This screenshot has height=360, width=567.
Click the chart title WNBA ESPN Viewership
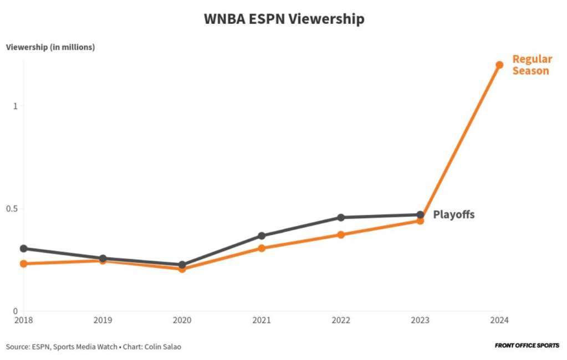point(284,19)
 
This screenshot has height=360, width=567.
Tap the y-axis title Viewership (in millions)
point(50,47)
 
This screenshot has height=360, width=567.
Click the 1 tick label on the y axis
point(16,106)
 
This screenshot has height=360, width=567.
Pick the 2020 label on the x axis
point(182,320)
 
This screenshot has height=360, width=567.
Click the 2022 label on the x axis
point(340,320)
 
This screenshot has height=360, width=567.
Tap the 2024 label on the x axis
point(499,320)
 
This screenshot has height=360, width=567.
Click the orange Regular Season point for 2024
point(499,65)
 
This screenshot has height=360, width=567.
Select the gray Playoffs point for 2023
point(420,215)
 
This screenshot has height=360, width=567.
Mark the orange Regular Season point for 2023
point(420,221)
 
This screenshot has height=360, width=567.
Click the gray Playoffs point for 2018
point(23,249)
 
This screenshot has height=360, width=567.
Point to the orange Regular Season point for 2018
point(23,264)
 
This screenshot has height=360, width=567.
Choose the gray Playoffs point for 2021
point(262,236)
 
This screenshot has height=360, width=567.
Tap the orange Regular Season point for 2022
point(341,235)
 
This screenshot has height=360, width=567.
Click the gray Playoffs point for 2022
point(341,218)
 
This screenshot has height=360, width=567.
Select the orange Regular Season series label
point(532,65)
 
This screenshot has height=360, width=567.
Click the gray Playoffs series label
point(453,215)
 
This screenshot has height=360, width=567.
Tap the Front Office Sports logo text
point(527,346)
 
